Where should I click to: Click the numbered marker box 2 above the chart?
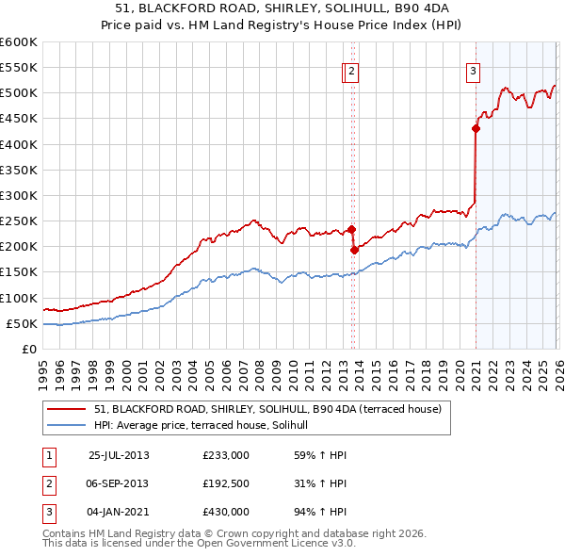point(351,70)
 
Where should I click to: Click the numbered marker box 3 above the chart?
point(473,70)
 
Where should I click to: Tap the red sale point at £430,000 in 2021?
point(476,129)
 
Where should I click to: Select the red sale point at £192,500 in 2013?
point(354,251)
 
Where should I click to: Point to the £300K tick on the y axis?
point(18,195)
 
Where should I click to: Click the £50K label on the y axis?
point(21,323)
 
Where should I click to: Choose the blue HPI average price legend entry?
point(207,425)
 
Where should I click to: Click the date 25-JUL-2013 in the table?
point(119,454)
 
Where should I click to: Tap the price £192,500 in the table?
point(226,483)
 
